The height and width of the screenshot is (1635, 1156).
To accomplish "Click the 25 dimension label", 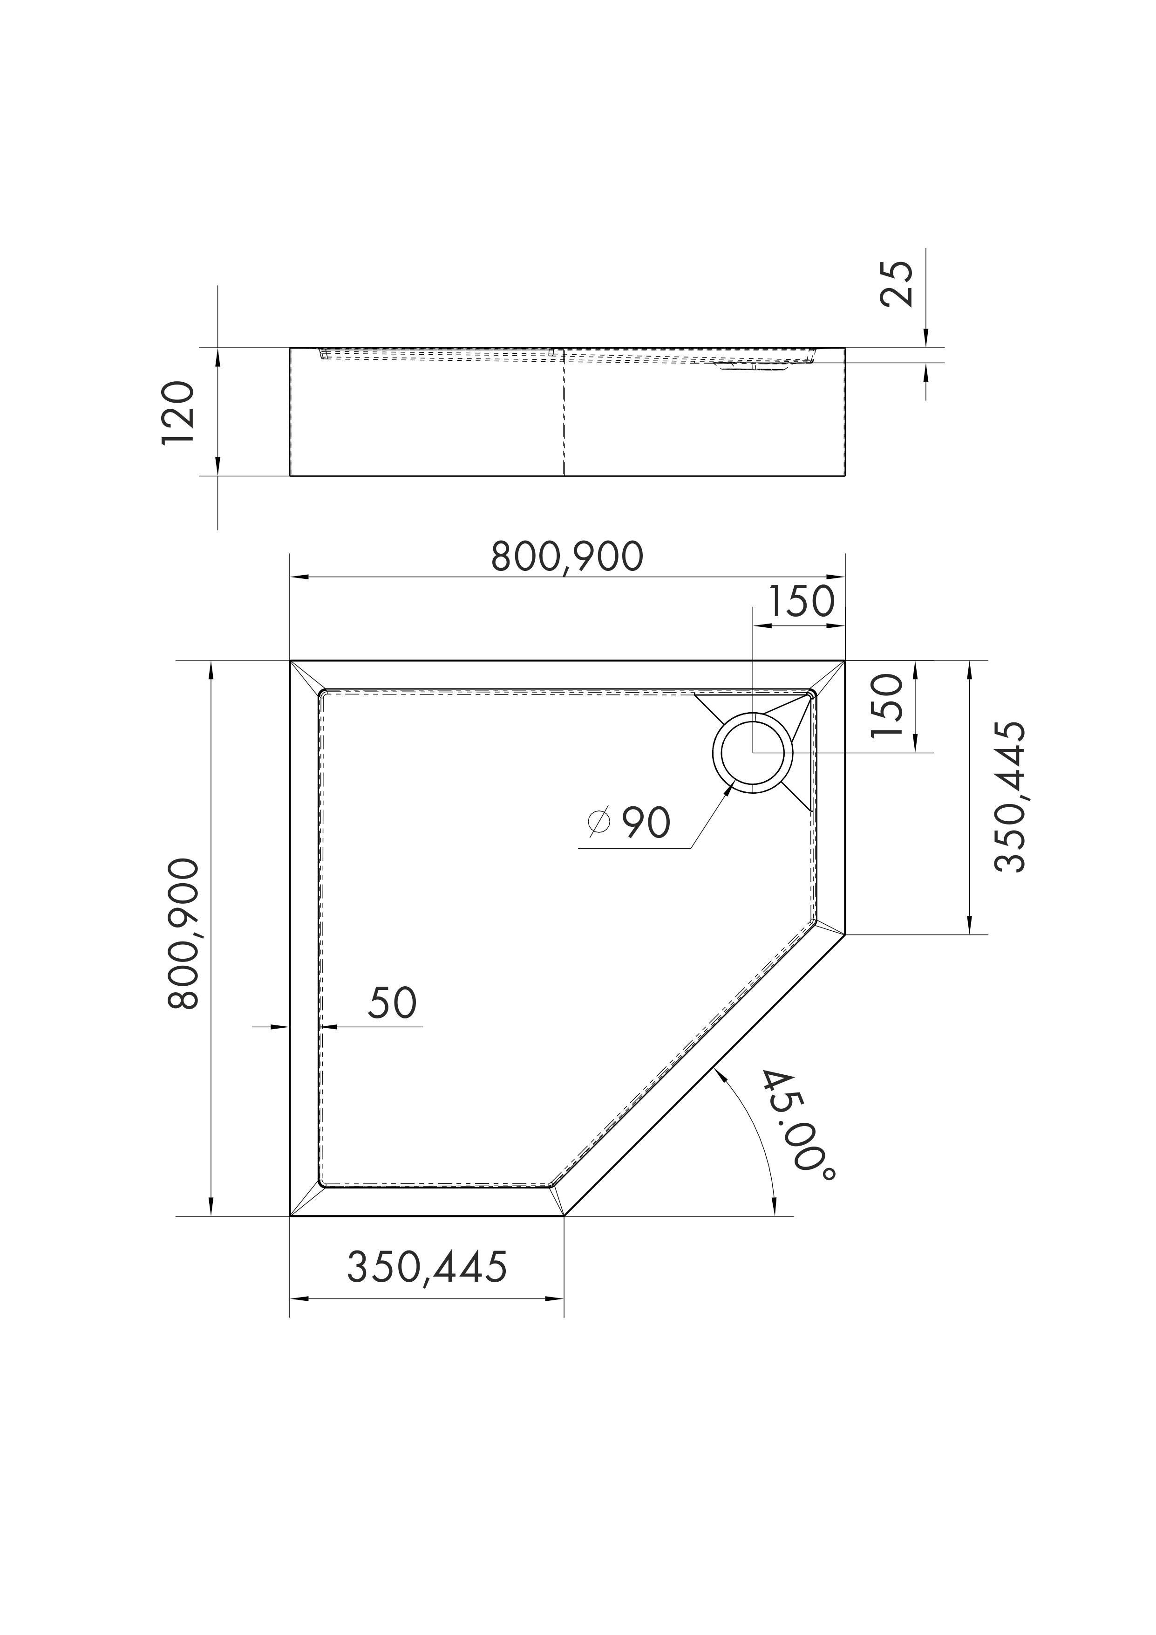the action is click(896, 283).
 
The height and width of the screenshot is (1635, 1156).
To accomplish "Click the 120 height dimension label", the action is click(177, 413).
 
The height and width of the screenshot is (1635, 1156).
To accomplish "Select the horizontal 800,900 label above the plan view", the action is click(567, 557).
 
